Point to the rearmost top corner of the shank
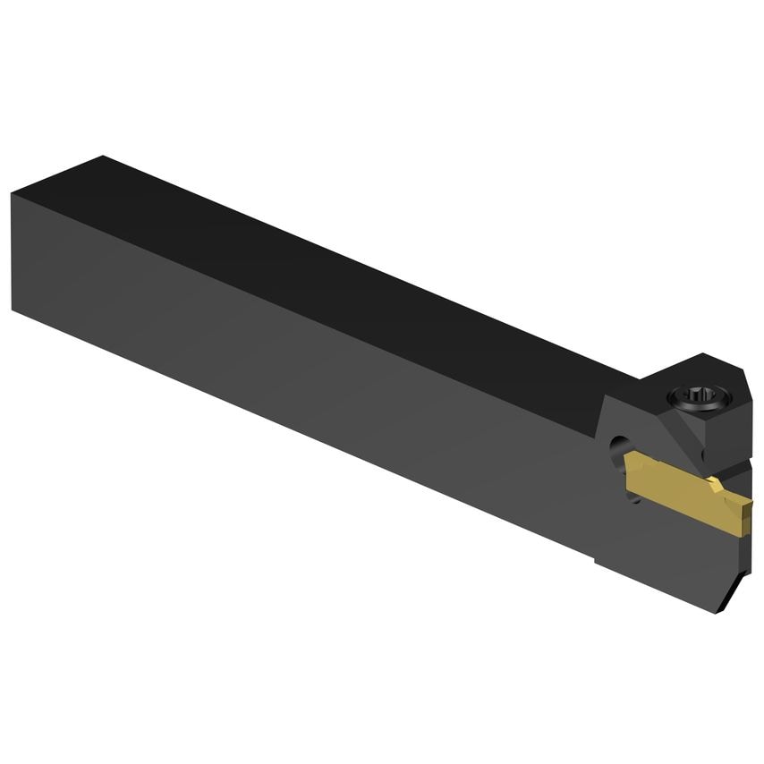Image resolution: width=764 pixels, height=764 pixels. pos(105,157)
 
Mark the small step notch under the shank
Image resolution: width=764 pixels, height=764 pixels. pos(598,558)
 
